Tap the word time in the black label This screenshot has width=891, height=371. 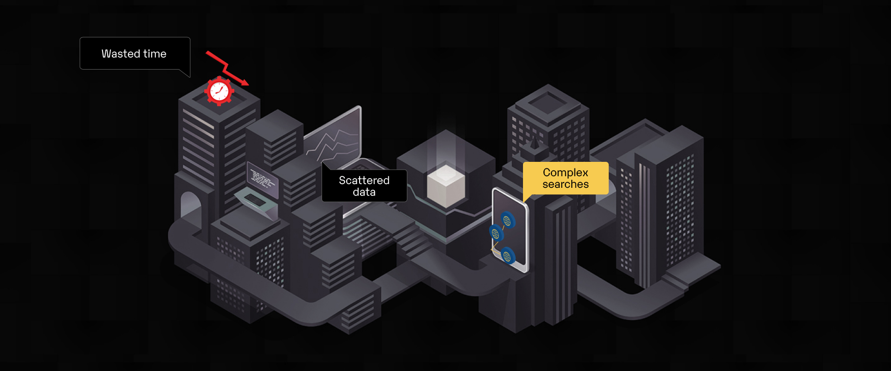tap(155, 54)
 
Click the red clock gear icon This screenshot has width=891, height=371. tap(219, 91)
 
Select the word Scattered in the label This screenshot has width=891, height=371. tap(364, 180)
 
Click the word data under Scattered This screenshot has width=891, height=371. tap(364, 192)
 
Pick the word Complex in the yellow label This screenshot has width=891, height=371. tap(565, 173)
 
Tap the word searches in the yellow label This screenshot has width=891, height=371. tap(565, 185)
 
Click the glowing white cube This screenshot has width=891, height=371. tap(445, 186)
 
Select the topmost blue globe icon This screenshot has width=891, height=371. tap(507, 221)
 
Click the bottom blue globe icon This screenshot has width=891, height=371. tap(507, 256)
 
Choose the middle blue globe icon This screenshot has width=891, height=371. tap(495, 233)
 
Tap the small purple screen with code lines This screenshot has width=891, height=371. tap(262, 179)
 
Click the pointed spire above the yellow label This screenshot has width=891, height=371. tap(535, 142)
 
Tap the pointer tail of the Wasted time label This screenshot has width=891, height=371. tap(186, 73)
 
